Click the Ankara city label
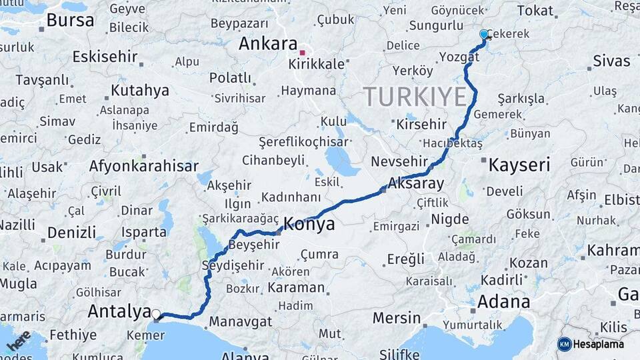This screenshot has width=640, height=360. tap(268, 45)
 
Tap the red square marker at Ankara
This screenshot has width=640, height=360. tap(302, 53)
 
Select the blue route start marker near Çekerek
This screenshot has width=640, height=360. tap(484, 34)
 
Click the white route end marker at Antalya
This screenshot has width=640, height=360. tap(156, 314)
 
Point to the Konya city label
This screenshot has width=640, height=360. tap(309, 224)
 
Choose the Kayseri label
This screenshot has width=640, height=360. tap(519, 165)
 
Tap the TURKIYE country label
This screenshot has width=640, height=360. tap(415, 97)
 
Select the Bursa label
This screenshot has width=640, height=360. tap(70, 21)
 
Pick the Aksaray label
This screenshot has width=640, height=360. tap(415, 183)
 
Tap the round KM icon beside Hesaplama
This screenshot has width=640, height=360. tap(564, 344)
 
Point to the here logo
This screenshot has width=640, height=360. tap(19, 341)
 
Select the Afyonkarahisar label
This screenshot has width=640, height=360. tap(143, 167)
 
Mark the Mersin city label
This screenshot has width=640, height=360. tap(396, 317)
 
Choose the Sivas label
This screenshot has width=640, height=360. tap(611, 61)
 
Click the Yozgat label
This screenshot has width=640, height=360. tap(459, 57)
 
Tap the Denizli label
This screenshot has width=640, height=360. tap(71, 233)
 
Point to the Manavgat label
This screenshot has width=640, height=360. tap(241, 322)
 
